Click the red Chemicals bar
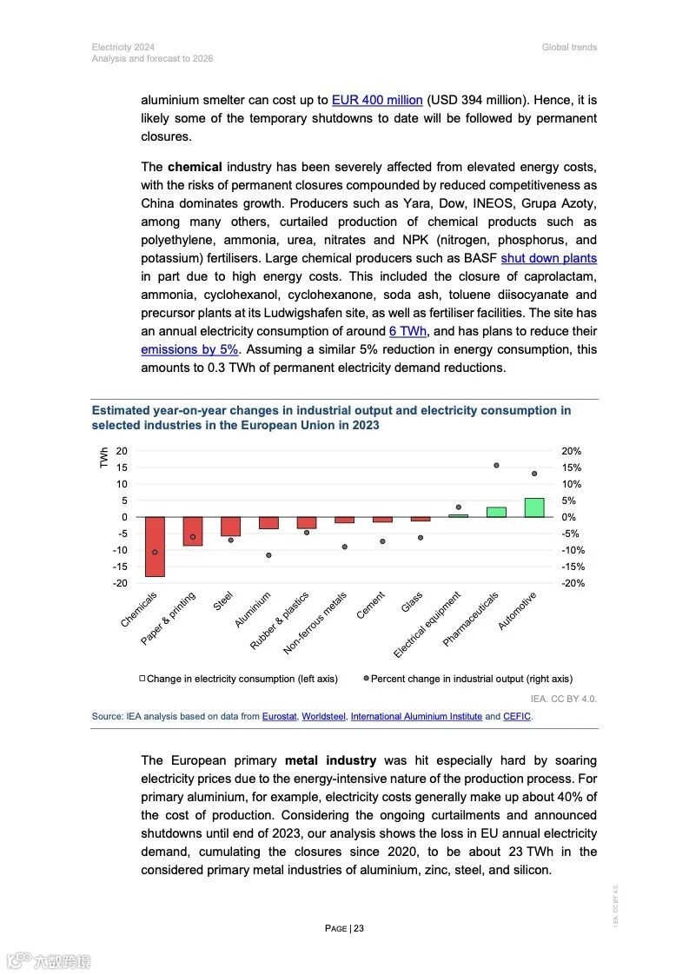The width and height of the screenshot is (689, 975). point(155,547)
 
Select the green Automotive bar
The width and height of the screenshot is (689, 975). point(534,507)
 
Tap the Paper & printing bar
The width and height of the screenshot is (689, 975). point(193,531)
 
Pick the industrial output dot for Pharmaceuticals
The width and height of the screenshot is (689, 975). point(496,466)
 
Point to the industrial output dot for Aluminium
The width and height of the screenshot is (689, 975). point(268,555)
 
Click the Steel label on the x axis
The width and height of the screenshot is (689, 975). point(224,600)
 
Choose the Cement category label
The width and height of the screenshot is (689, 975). point(369,606)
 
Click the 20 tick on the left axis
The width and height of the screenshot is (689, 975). point(122,451)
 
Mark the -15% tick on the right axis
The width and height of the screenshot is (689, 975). point(573,567)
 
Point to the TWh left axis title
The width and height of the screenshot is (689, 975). point(104,458)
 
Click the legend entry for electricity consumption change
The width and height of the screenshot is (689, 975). point(238,679)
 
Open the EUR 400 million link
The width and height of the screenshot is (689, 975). point(377,100)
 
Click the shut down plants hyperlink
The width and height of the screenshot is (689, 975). point(548,258)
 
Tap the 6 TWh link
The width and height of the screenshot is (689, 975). point(407,331)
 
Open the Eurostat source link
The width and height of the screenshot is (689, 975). point(279,717)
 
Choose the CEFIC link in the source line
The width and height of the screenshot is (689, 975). point(517,717)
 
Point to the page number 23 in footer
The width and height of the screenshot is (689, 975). point(358,928)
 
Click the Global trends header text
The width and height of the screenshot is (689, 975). point(569,47)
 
